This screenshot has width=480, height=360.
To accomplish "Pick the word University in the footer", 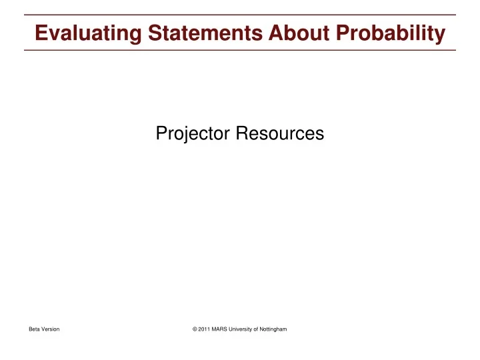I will pos(244,331).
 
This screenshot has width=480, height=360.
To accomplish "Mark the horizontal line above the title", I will pos(240,15).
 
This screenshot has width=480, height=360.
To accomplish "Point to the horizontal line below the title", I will pos(240,50).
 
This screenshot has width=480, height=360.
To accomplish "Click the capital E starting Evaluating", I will pos(41,33).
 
